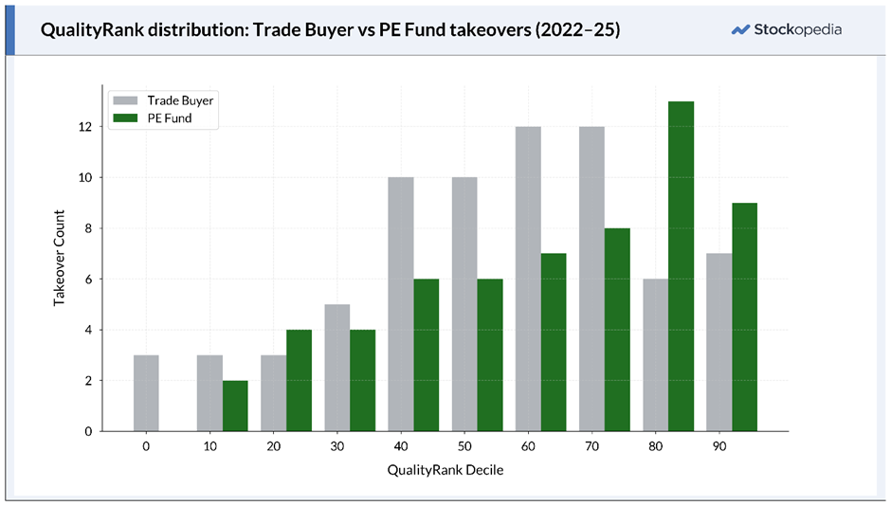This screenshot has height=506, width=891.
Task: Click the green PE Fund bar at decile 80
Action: click(681, 266)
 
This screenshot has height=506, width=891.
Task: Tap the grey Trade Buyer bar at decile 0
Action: click(146, 393)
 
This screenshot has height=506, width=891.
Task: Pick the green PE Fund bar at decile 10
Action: click(235, 406)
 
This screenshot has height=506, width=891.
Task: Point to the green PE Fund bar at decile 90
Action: click(744, 317)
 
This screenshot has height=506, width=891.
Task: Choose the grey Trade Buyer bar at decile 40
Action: click(401, 304)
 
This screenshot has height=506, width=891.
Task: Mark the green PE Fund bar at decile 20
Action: click(299, 380)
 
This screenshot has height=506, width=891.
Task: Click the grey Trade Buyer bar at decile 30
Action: click(337, 368)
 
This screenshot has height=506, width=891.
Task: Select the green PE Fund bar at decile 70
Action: click(617, 330)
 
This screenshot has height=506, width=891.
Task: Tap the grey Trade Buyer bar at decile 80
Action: click(655, 355)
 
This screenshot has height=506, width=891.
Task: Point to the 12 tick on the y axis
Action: click(86, 127)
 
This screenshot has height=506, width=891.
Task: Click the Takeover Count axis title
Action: click(59, 258)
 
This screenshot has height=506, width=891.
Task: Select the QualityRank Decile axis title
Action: click(445, 470)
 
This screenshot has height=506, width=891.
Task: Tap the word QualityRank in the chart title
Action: click(87, 30)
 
